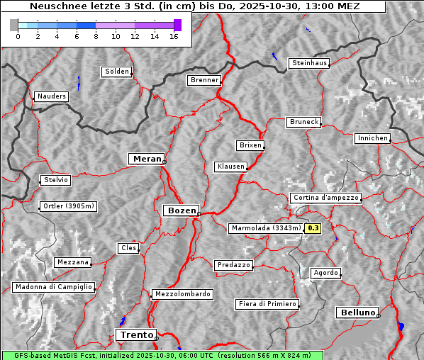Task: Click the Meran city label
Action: tap(145, 159)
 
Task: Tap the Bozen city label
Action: tap(180, 210)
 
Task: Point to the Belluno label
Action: tap(357, 312)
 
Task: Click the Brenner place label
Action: tap(204, 80)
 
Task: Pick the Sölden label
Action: tap(116, 72)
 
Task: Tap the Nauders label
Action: tap(51, 96)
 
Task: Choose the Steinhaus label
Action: tap(310, 63)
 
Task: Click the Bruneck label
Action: tap(304, 122)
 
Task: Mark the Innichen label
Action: tap(372, 138)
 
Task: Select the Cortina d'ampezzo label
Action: tap(325, 198)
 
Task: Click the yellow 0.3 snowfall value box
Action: tap(313, 228)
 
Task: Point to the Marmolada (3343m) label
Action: tap(265, 228)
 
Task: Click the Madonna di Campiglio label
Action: tap(53, 287)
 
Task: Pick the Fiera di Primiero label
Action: tap(267, 304)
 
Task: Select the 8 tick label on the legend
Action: tap(96, 37)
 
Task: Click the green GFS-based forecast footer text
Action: tap(162, 355)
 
